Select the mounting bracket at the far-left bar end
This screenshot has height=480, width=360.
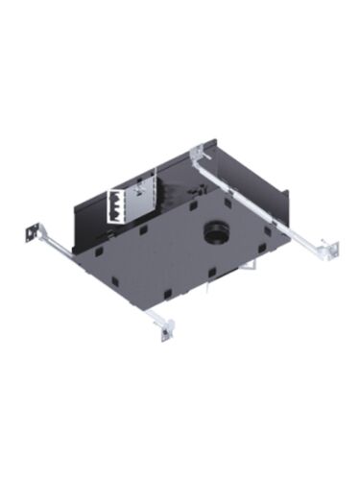point(31,233)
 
